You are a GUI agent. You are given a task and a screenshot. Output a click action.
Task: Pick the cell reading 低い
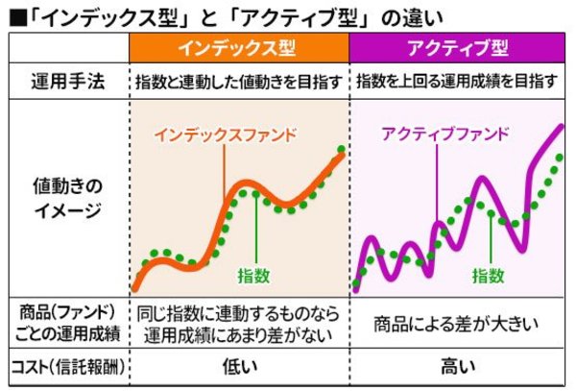pos(238,366)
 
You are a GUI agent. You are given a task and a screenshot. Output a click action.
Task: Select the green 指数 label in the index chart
pos(254,276)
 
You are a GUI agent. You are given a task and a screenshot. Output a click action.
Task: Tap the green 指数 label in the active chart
pos(488,276)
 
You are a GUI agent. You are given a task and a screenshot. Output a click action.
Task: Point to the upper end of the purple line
pos(562,128)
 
